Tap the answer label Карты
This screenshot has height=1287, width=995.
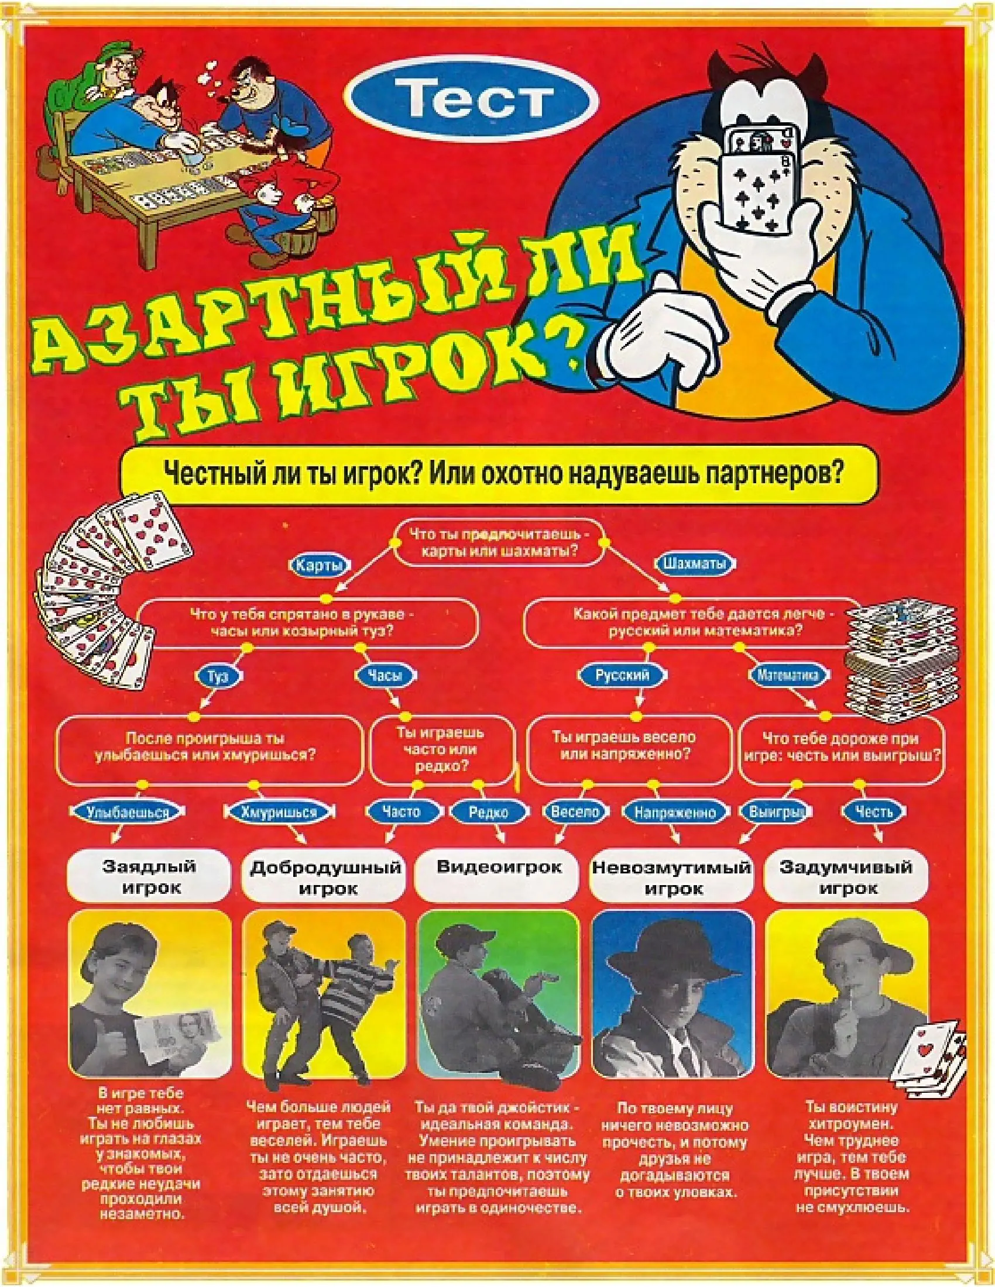click(x=319, y=565)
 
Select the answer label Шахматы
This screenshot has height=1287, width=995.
click(x=694, y=563)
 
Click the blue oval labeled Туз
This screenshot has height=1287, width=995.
click(x=218, y=675)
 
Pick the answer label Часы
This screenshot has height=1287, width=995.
click(x=385, y=675)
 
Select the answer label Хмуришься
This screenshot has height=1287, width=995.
click(x=279, y=812)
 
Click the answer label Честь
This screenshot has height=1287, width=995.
click(x=874, y=812)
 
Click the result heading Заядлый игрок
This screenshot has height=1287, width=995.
click(x=149, y=876)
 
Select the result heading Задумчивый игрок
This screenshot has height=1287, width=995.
click(x=846, y=877)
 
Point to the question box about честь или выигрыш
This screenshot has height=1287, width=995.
click(x=841, y=749)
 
